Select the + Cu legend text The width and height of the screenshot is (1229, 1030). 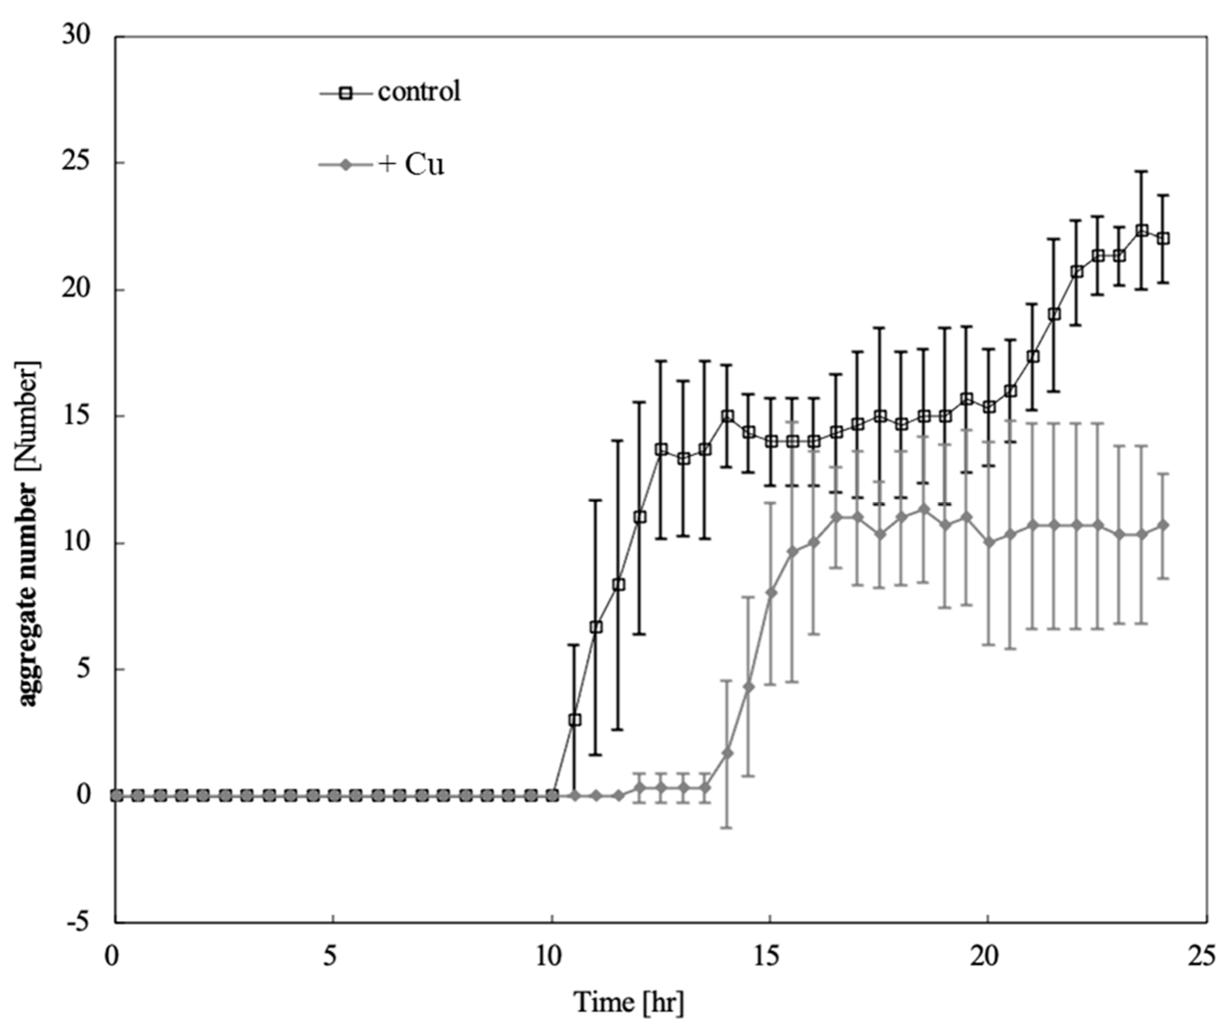pyautogui.click(x=412, y=165)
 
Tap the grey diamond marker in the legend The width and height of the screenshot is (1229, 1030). pyautogui.click(x=346, y=166)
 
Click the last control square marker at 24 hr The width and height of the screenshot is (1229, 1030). pyautogui.click(x=1163, y=238)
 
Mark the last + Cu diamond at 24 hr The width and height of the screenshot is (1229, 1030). pyautogui.click(x=1163, y=525)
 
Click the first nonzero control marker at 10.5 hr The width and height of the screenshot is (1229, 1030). pyautogui.click(x=575, y=720)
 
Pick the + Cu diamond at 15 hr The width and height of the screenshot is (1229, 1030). pyautogui.click(x=771, y=593)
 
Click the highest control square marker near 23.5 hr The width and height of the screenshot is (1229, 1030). pyautogui.click(x=1141, y=230)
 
